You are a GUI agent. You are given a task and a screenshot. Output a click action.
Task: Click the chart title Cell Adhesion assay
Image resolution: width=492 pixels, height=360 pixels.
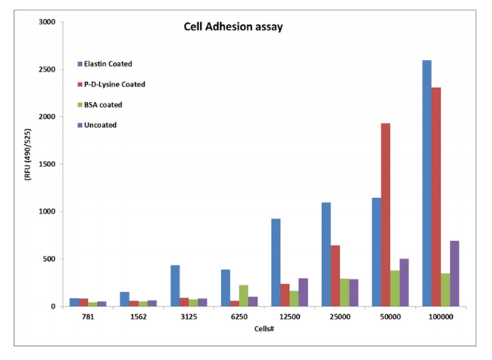coord(233,28)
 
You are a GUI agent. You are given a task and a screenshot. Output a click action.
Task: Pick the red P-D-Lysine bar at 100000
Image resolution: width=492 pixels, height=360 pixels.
coord(436,197)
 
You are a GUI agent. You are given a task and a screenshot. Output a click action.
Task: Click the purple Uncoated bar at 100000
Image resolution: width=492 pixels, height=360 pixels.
coord(454,274)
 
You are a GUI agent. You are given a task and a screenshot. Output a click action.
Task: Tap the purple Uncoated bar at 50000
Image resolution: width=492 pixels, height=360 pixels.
coord(403,282)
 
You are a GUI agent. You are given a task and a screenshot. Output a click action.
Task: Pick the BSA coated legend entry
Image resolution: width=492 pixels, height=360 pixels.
coord(104,104)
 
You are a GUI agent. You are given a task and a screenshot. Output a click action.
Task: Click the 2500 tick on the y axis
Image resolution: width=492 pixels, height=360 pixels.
coord(47,69)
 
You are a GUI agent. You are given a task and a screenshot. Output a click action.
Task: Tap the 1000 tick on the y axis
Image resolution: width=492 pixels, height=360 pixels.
coord(47,211)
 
